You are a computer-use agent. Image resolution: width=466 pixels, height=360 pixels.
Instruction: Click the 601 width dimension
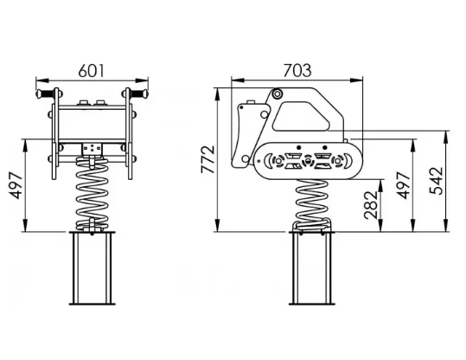pos(92,71)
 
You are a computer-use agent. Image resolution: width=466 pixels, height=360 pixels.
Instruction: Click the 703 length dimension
pos(297,70)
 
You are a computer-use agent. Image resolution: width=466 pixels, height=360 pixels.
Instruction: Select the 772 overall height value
pos(208,159)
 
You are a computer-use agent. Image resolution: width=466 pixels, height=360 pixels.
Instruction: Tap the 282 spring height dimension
pos(371,205)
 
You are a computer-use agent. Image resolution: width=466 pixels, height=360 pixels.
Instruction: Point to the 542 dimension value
pos(437,181)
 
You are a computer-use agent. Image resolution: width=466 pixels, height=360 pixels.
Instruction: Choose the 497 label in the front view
pos(16,185)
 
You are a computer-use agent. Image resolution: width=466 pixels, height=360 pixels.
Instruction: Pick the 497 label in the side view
pos(404,185)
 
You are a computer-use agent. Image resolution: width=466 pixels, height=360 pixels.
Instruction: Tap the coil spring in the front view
pos(93,194)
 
